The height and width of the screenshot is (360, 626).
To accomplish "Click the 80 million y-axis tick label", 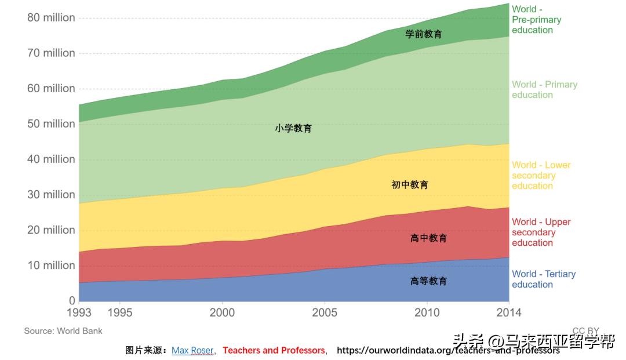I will [51, 18].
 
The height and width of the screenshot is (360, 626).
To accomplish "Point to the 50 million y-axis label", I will [51, 124].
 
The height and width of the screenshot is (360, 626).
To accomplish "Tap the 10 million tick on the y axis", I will [51, 266].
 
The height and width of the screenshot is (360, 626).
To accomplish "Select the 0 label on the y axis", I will [72, 301].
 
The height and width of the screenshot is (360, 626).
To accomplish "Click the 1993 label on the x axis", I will [79, 313].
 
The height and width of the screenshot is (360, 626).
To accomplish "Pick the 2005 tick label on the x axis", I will [325, 313].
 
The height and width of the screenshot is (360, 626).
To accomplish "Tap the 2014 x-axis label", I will [508, 313].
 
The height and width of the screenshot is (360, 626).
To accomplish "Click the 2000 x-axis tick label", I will [222, 313].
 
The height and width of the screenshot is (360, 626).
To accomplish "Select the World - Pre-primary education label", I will [536, 20].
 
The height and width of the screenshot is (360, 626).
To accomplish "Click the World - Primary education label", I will [544, 90].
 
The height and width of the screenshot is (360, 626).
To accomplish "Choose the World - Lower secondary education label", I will [541, 176].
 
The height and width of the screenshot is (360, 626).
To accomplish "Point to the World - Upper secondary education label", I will [541, 232].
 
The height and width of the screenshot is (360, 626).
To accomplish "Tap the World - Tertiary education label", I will [543, 279].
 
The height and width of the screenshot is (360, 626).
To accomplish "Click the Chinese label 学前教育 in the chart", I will [423, 34].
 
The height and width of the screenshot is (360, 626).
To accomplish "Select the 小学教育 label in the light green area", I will [293, 128].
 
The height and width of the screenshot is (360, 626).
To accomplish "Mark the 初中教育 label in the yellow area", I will [410, 185].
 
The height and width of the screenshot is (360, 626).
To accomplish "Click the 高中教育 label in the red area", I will [428, 238].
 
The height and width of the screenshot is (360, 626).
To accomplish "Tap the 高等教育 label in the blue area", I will [428, 281].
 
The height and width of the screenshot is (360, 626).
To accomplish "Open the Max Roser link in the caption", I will [192, 351].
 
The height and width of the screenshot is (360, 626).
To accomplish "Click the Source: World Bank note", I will [63, 331].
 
